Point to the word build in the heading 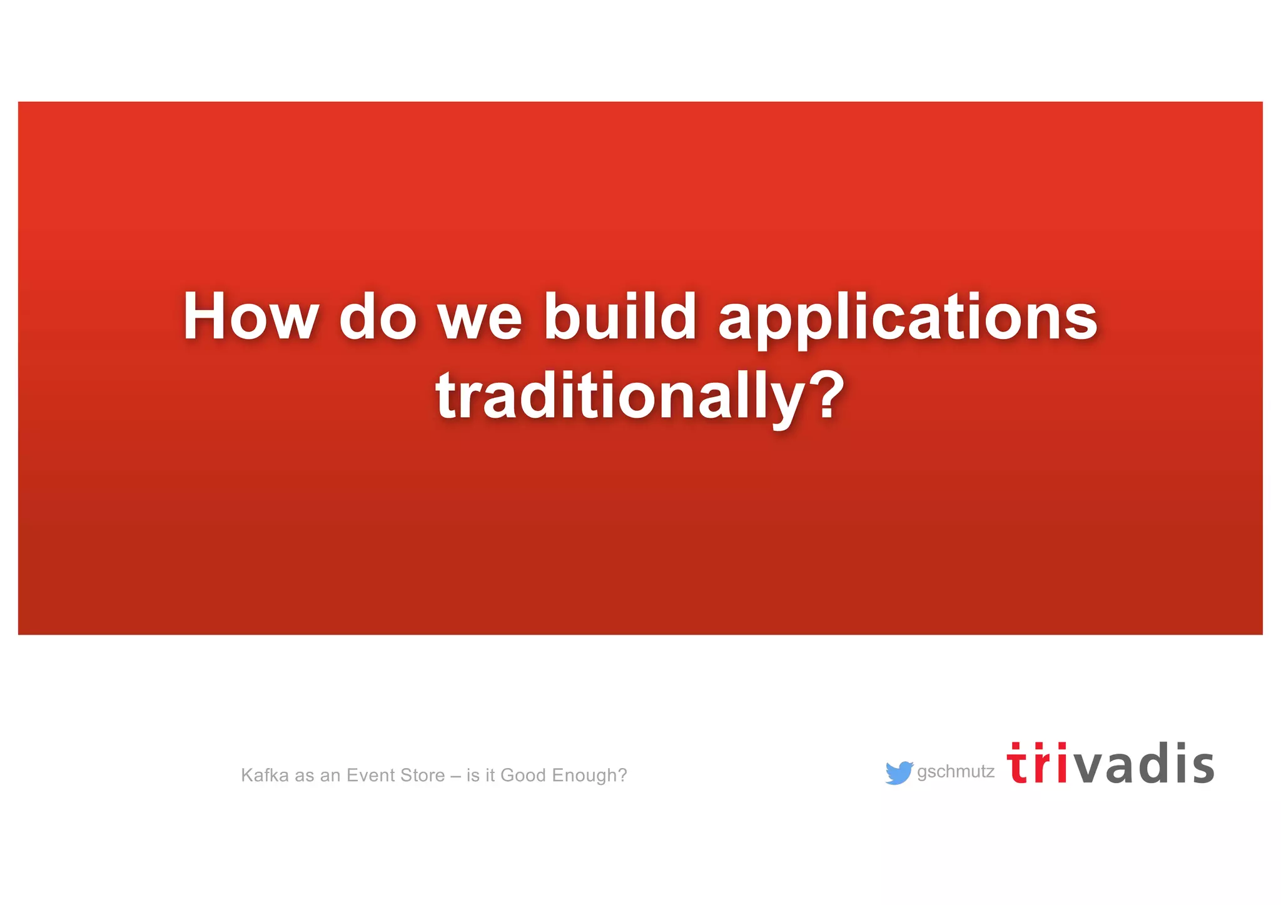pyautogui.click(x=620, y=316)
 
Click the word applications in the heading pyautogui.click(x=908, y=319)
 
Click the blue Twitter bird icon pyautogui.click(x=899, y=772)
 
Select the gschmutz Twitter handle pyautogui.click(x=955, y=772)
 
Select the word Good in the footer pyautogui.click(x=523, y=776)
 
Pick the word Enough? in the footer pyautogui.click(x=589, y=776)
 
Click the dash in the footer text pyautogui.click(x=455, y=776)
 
